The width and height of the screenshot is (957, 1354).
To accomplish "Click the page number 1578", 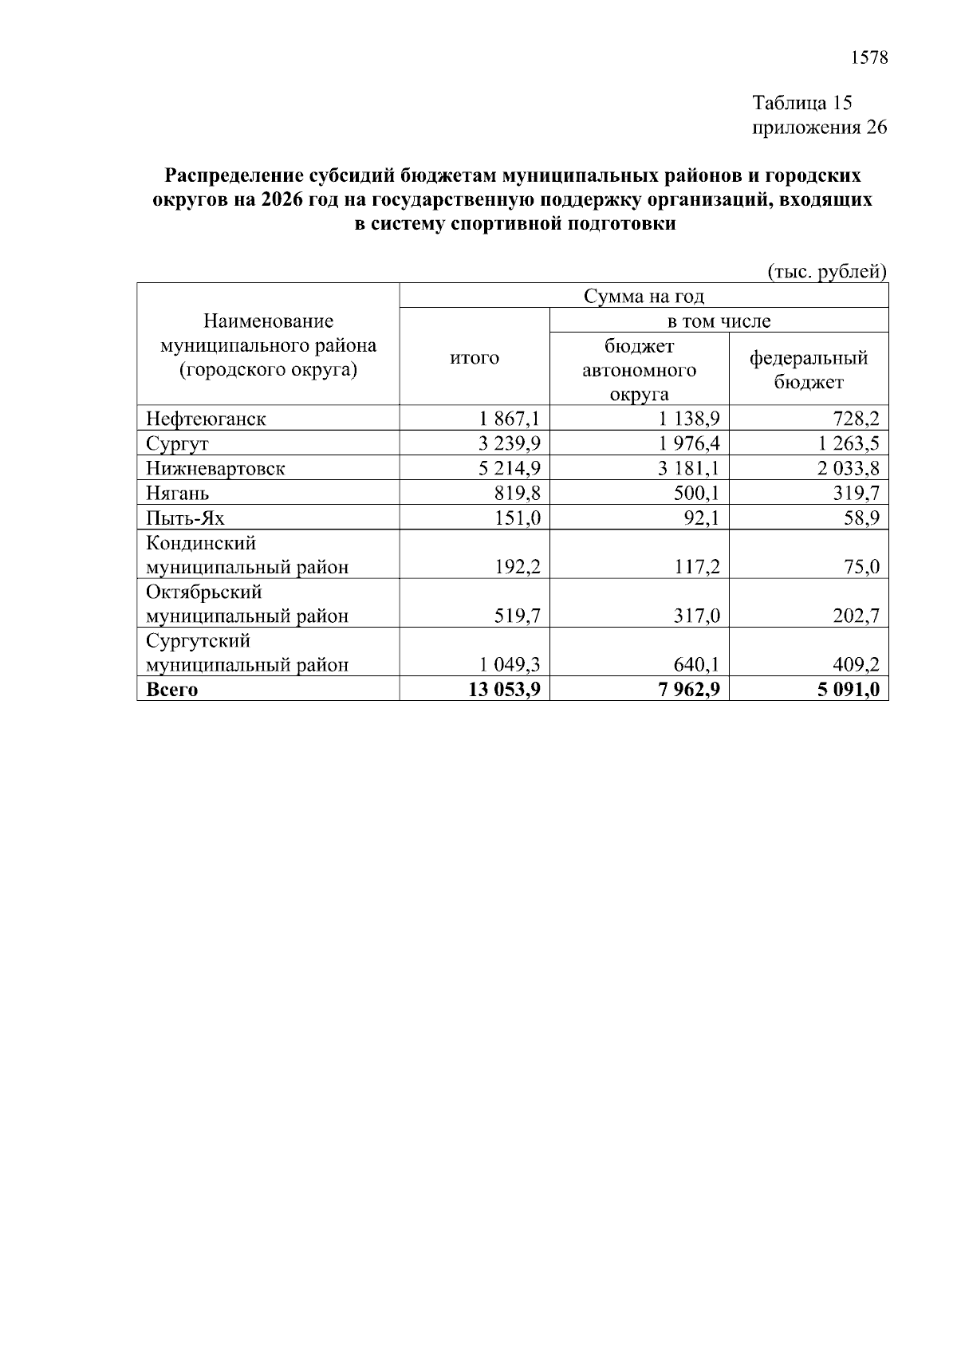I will pos(868,57).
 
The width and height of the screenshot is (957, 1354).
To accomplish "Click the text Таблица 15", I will pos(802,103).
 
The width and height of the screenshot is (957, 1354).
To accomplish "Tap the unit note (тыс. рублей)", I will pos(826,271).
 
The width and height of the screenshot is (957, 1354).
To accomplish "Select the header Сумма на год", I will pos(644,297).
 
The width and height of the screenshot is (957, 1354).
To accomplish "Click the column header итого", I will pos(475,358).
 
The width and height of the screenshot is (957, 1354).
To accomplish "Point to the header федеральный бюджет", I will pos(808,370).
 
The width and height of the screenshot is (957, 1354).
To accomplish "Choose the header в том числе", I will pos(719,321).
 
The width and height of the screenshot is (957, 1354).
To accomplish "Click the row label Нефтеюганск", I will pos(206,419).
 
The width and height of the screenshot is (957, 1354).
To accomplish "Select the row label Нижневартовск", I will pos(215,468).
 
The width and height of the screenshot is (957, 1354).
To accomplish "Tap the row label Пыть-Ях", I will pos(185,518).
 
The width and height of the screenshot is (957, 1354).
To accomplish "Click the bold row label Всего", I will pos(171,690).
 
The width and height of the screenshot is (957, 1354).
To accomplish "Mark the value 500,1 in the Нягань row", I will pos(695,494).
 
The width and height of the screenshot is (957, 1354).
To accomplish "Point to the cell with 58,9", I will pos(863,518).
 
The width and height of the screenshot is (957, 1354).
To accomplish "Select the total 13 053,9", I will pos(505,690).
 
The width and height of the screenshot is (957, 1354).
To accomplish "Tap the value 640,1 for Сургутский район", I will pos(695,664).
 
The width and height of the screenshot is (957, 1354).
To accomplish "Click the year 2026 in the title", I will pos(281,199).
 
